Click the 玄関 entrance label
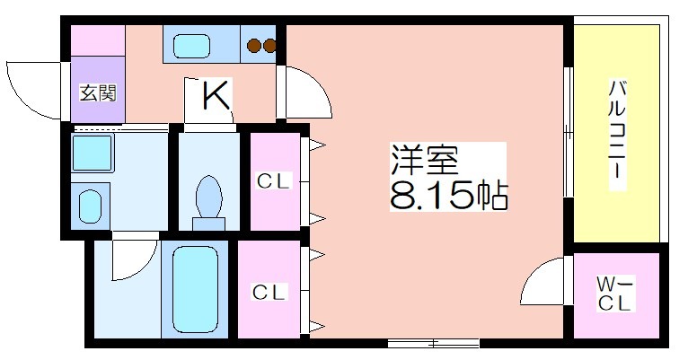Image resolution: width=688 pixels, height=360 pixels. pos(98,93)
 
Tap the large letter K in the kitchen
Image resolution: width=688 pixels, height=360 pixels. pos(216,95)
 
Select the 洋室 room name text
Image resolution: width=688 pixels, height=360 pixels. pos(424,161)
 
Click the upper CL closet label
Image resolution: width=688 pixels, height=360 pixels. pos(274,180)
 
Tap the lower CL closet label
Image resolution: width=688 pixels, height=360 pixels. pos(269,292)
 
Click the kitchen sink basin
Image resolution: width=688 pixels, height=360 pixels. pos(191,46)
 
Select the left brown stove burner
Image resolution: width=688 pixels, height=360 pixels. pos(254,45)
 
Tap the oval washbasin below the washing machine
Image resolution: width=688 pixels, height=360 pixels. pos(90,206)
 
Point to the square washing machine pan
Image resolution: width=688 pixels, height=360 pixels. pos(92,152)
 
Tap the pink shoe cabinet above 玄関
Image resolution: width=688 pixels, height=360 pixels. pos(98,40)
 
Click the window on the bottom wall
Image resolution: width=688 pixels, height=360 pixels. pos(434,343)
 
